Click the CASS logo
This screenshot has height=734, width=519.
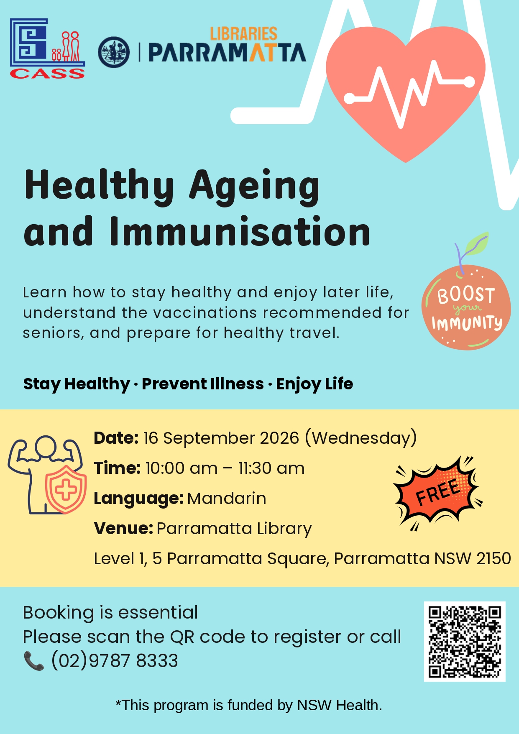click(47, 49)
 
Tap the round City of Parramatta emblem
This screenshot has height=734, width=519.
click(114, 52)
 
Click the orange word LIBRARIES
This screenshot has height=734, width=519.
click(243, 34)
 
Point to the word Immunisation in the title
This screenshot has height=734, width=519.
click(240, 231)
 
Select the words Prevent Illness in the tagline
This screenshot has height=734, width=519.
click(203, 384)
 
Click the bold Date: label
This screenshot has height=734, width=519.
click(116, 438)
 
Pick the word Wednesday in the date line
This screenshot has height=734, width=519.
click(361, 438)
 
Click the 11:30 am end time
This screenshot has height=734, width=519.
click(271, 468)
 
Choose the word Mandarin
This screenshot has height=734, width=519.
click(227, 499)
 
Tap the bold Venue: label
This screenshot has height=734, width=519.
click(123, 529)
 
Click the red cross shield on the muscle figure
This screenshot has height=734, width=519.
click(66, 489)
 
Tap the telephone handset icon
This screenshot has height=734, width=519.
click(34, 661)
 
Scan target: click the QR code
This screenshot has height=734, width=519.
click(465, 641)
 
